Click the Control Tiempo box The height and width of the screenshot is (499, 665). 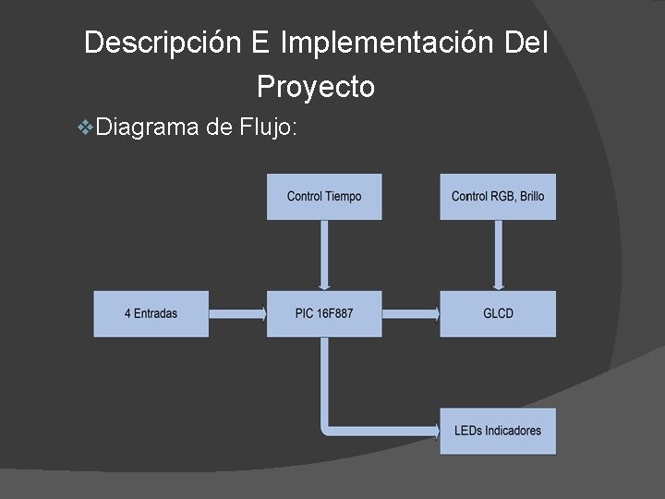coord(324,197)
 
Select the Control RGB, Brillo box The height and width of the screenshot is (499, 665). coord(498,197)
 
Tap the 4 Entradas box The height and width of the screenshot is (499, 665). coord(151,313)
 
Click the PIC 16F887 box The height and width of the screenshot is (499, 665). coord(324,313)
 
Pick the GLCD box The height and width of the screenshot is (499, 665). coord(498,313)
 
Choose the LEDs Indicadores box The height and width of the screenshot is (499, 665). coord(498,431)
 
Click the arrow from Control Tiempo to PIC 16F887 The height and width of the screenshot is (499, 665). coord(324,255)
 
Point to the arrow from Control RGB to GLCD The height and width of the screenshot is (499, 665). coord(498,255)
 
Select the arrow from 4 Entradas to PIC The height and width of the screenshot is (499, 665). coord(237,313)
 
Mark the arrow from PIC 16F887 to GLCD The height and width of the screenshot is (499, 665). coord(411,313)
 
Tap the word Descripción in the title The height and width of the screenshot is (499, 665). coord(163,43)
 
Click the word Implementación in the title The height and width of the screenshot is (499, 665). coord(388,43)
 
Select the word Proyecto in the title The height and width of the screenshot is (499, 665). coord(316,87)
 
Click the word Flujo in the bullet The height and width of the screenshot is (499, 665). coord(268,127)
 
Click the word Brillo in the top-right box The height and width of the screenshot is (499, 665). coord(532,197)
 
